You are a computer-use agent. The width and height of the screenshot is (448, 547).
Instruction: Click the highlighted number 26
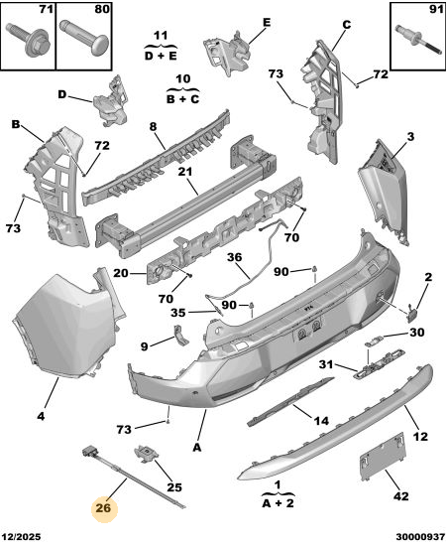point(103,508)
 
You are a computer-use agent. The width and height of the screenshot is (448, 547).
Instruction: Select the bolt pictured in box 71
point(29,39)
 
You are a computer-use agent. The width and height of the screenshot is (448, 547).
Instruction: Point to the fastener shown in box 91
point(417,41)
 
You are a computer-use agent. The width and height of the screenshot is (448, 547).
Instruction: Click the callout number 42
point(400,495)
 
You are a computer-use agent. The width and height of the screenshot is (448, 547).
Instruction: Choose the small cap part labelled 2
point(412,313)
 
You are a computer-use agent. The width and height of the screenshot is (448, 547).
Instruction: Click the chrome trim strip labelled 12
point(334,423)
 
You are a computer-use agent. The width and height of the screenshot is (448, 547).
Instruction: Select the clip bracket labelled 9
point(180,335)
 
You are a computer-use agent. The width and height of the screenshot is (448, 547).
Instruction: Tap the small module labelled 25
point(147,454)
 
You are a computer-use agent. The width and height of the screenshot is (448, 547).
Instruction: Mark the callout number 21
point(185,172)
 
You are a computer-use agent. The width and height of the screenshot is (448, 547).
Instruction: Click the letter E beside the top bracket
point(267,22)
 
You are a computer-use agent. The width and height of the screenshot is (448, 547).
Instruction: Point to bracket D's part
point(111,102)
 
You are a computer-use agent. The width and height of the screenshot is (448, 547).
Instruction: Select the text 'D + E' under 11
point(161,56)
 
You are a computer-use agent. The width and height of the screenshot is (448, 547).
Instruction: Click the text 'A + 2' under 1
point(278,502)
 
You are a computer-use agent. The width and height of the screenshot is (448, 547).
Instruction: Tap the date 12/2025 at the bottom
point(21,536)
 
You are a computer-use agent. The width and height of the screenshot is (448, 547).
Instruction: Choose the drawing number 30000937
point(420,536)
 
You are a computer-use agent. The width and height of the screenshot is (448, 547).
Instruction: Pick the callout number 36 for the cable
point(234,257)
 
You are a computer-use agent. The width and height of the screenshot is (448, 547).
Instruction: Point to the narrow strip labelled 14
point(290,402)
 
